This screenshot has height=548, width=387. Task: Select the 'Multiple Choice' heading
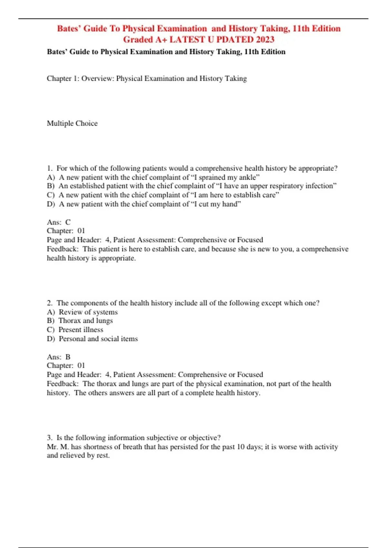click(72, 123)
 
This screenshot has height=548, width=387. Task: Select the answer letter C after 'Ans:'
click(68, 222)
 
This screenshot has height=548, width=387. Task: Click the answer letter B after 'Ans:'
click(68, 357)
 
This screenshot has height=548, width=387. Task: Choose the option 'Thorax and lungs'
click(85, 321)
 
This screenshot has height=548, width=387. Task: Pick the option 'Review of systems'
click(88, 312)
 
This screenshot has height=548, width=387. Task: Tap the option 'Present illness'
click(81, 330)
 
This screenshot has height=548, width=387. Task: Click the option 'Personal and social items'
click(98, 339)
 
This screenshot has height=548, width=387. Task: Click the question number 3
click(49, 438)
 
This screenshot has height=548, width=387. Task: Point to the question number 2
click(49, 303)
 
